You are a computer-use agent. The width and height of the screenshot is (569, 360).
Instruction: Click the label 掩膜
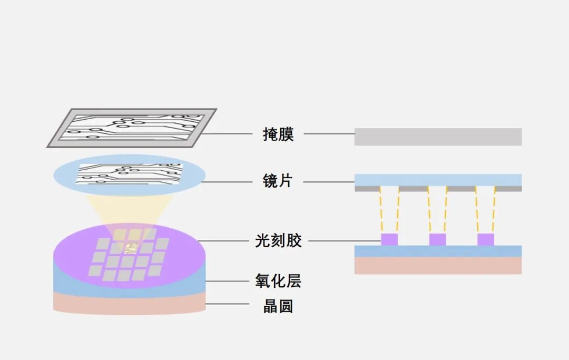pyautogui.click(x=278, y=134)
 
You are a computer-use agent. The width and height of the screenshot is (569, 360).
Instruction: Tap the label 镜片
pyautogui.click(x=278, y=181)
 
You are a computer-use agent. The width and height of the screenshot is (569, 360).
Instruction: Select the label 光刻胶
pyautogui.click(x=278, y=241)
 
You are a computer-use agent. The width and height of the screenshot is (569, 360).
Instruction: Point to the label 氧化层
pyautogui.click(x=278, y=281)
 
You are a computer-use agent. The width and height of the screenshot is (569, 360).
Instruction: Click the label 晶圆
pyautogui.click(x=278, y=306)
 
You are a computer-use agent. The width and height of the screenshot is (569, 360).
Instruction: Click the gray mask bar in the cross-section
pyautogui.click(x=438, y=137)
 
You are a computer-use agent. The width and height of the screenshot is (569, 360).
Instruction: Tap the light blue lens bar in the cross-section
pyautogui.click(x=438, y=179)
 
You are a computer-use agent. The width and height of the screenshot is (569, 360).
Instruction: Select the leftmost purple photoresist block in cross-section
pyautogui.click(x=389, y=239)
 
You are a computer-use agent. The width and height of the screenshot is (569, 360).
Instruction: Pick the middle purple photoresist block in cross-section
pyautogui.click(x=437, y=239)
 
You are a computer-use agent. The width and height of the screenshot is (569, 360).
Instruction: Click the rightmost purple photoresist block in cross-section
pyautogui.click(x=486, y=239)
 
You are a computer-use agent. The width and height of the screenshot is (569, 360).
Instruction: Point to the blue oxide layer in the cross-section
pyautogui.click(x=438, y=251)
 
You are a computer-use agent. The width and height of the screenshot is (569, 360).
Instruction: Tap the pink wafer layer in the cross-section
pyautogui.click(x=438, y=265)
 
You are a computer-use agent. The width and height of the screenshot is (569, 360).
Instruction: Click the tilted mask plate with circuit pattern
pyautogui.click(x=132, y=128)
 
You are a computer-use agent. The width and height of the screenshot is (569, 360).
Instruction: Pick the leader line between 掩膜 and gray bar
pyautogui.click(x=328, y=134)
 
